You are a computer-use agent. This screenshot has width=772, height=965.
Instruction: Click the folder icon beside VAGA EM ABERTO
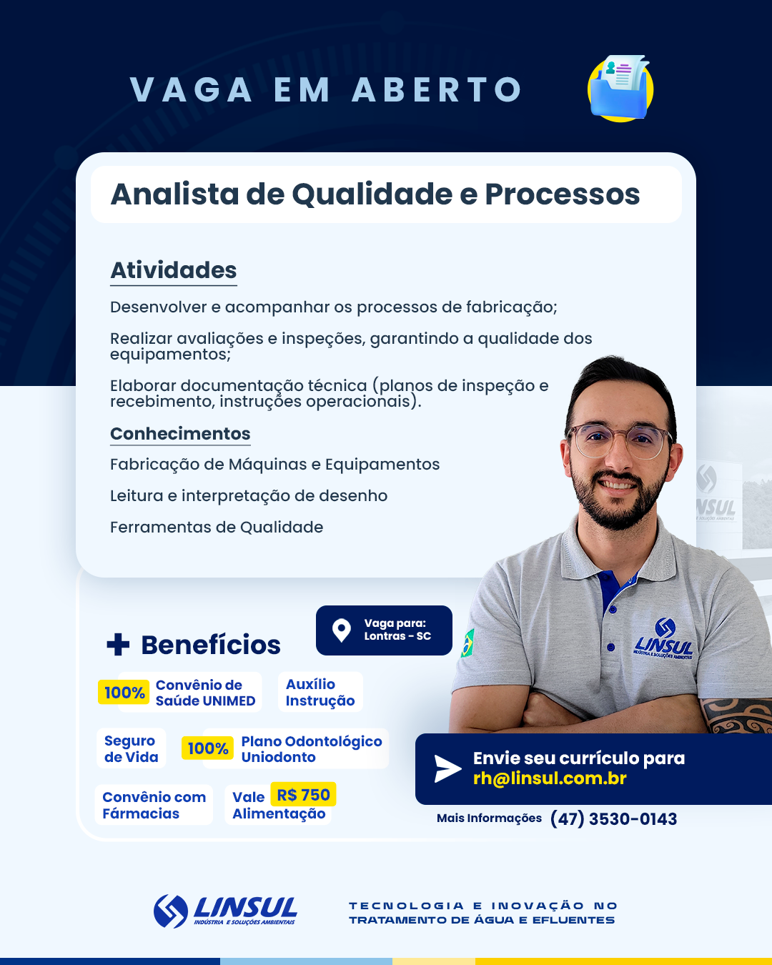coord(620,89)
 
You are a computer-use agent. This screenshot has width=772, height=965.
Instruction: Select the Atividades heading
coord(173,270)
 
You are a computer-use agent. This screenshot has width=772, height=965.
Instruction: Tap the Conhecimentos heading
coord(180,434)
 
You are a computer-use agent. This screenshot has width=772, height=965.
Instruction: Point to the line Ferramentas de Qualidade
coord(217,528)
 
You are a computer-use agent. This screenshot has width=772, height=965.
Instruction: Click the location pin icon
coord(342,630)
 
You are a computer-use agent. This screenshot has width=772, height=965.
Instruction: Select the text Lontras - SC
coord(397,636)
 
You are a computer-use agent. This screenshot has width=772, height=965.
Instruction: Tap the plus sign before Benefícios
coord(118,644)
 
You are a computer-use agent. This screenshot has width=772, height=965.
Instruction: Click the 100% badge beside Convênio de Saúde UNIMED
coord(124,693)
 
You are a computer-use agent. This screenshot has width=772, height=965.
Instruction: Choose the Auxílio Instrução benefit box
coord(320,692)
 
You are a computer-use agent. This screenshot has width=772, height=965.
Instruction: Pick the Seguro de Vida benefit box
coord(131,748)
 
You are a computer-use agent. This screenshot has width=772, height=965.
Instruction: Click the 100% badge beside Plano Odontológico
coord(208,748)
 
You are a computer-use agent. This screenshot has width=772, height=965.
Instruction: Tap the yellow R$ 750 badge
coord(303,795)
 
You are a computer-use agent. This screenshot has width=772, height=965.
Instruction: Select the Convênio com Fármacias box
coord(154,805)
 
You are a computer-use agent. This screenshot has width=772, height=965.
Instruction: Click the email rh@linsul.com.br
coord(550,778)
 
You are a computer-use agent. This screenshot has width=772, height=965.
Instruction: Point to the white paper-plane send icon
coord(447,768)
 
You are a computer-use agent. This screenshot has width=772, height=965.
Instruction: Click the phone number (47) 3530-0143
coord(613,818)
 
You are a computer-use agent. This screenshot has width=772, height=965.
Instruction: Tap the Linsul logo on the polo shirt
coord(663,638)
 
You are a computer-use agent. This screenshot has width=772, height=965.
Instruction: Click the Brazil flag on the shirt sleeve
coord(467,643)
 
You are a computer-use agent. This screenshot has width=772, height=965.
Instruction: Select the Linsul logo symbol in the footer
coord(170,911)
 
